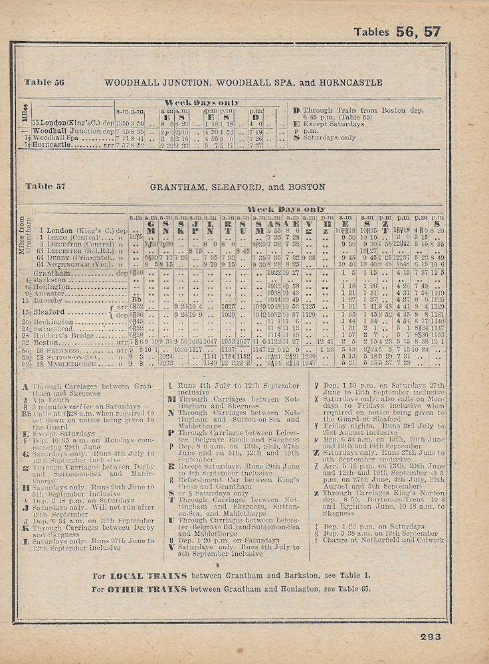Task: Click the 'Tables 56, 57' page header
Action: coord(397,31)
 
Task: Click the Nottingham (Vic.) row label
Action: coord(78,264)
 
